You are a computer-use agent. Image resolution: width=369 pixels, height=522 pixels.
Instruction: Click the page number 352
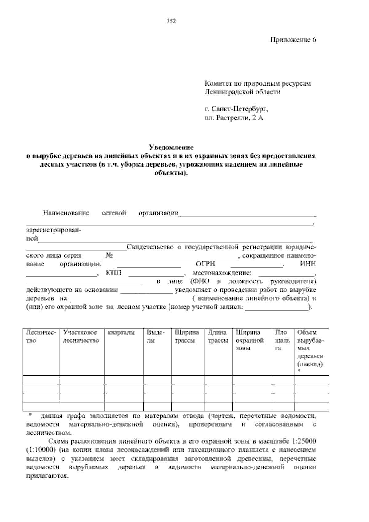coord(171,21)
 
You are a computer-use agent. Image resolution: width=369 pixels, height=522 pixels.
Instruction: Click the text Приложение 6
coord(293,40)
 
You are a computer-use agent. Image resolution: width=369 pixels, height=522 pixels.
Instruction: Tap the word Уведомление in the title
coord(171,147)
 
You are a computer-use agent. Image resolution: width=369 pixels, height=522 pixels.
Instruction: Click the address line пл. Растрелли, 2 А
coord(234,118)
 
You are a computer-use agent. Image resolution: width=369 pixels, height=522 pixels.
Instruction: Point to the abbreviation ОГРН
coord(205,264)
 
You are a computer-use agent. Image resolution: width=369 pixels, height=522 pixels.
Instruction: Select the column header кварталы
coord(121,333)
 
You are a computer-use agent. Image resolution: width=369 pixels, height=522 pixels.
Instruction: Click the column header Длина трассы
coord(218,336)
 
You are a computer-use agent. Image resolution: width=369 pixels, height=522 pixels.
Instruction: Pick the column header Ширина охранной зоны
coord(249,340)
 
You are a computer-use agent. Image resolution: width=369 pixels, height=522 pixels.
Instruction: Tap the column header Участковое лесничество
coord(81,336)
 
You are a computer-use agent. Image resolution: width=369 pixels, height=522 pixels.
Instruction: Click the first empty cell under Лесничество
coord(41,380)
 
